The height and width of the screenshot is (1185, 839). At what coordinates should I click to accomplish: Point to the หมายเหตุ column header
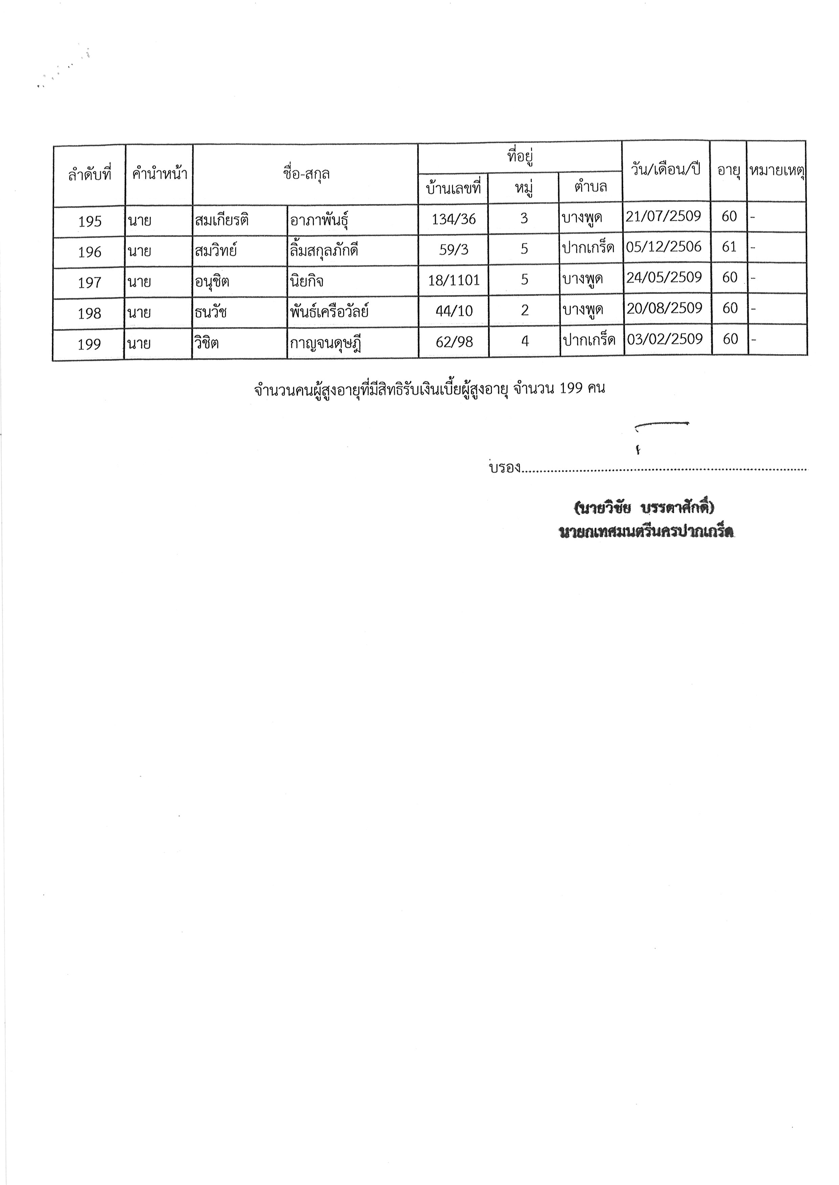pos(777,170)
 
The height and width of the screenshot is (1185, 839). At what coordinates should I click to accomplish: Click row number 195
pos(89,221)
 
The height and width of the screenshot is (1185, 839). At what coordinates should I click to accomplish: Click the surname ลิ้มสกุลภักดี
pos(324,251)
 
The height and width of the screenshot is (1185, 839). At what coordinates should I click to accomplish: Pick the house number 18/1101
pos(454,280)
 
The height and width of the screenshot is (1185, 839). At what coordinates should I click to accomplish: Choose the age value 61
pos(729,247)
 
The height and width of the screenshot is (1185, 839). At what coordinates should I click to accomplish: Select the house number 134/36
pos(454,219)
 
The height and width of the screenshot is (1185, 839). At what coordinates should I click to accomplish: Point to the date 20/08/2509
pos(664,308)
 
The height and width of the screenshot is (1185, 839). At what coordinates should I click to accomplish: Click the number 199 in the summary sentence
pos(571,388)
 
